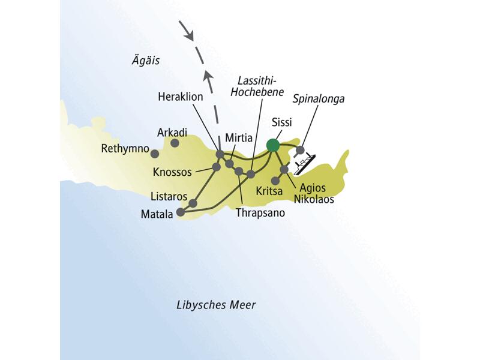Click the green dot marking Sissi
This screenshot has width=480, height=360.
click(x=273, y=145)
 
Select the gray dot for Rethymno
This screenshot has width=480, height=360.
click(x=155, y=152)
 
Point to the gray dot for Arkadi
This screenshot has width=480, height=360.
click(x=175, y=143)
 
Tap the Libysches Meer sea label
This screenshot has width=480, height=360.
click(x=216, y=305)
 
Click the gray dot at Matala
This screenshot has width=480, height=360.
click(x=181, y=211)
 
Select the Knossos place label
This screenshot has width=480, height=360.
click(x=172, y=172)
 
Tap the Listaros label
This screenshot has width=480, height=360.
click(x=170, y=196)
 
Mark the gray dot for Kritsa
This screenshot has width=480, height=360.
click(x=275, y=180)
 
